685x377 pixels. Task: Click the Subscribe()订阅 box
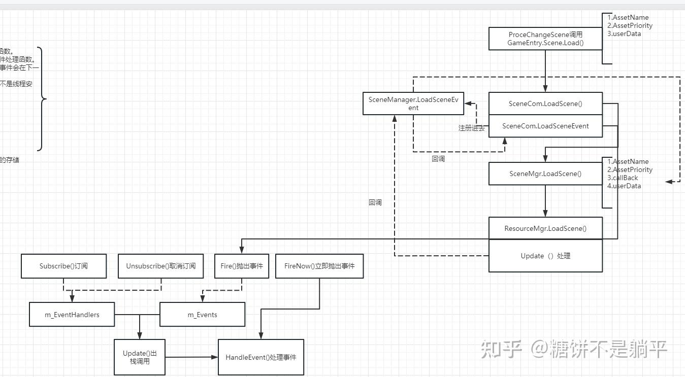[x=63, y=266]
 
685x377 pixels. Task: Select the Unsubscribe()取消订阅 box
[x=160, y=266]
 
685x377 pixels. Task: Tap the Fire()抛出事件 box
[x=242, y=266]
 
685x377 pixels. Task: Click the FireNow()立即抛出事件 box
[x=319, y=266]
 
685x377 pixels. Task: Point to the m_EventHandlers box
[x=72, y=315]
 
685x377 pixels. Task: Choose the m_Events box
[x=202, y=315]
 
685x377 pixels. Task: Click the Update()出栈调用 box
[x=140, y=357]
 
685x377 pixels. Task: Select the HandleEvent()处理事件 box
[x=261, y=357]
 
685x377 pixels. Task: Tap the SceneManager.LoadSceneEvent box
[x=413, y=104]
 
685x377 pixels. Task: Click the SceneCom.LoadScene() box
[x=545, y=104]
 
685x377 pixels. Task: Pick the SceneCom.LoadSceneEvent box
[x=545, y=126]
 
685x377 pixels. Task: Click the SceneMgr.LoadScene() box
[x=545, y=174]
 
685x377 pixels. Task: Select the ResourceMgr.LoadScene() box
[x=545, y=228]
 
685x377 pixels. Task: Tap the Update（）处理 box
[x=545, y=256]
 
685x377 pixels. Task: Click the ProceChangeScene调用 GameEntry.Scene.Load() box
[x=545, y=39]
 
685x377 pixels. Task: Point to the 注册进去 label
[x=471, y=128]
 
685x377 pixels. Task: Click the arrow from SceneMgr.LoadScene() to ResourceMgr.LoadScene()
[x=545, y=201]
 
